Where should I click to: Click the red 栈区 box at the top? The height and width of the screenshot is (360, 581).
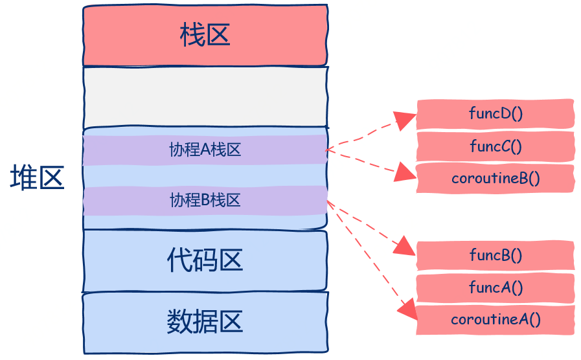point(205,36)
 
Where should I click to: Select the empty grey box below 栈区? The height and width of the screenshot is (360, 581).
point(205,97)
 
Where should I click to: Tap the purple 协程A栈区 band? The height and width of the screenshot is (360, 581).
point(205,150)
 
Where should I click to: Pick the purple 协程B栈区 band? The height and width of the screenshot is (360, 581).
point(205,201)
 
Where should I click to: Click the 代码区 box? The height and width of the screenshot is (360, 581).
point(205,260)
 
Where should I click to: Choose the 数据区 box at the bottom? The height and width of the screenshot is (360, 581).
point(205,322)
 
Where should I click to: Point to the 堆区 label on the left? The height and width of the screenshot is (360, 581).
point(37,178)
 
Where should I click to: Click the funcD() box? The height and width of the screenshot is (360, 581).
point(496,114)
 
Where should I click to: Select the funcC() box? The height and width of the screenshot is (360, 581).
point(496,146)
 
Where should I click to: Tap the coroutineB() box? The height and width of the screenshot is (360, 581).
point(496,179)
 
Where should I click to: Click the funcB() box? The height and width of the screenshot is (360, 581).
point(496,255)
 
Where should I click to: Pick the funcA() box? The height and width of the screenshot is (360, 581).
point(496,287)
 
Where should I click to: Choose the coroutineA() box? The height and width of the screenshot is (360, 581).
point(496,320)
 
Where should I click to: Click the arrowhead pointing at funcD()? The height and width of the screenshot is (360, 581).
point(405,120)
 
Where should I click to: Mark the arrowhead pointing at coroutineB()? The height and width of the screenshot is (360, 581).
point(405,172)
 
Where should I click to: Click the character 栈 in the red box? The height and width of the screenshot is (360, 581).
point(192,36)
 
